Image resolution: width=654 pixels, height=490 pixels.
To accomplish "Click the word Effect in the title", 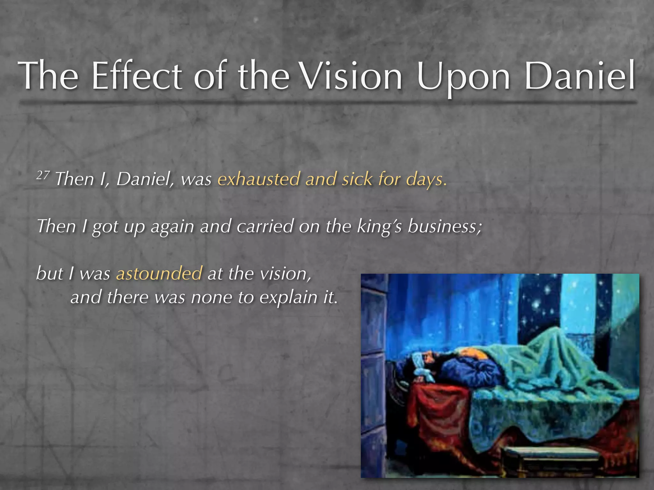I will (137, 76).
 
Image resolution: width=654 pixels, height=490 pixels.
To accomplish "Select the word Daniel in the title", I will (580, 76).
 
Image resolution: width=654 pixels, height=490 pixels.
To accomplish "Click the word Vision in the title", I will (352, 76).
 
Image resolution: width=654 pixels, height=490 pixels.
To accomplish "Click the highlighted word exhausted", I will (258, 179).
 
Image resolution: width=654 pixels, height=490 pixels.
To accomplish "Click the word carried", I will (265, 226).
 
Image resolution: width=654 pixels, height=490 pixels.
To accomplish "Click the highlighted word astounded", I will (159, 273).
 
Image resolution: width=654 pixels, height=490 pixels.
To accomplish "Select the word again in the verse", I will (172, 227).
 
